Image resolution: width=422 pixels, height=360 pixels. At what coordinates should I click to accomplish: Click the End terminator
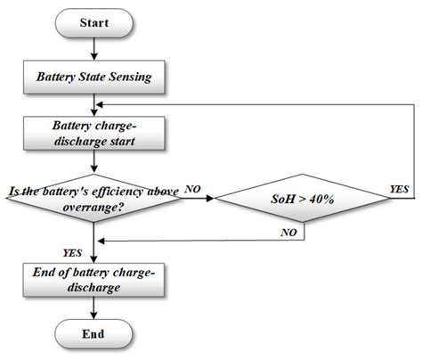click(x=93, y=334)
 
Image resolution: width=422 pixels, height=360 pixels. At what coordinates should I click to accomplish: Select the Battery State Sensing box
click(x=93, y=78)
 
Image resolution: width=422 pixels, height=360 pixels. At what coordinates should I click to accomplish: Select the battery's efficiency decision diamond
click(x=93, y=197)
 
